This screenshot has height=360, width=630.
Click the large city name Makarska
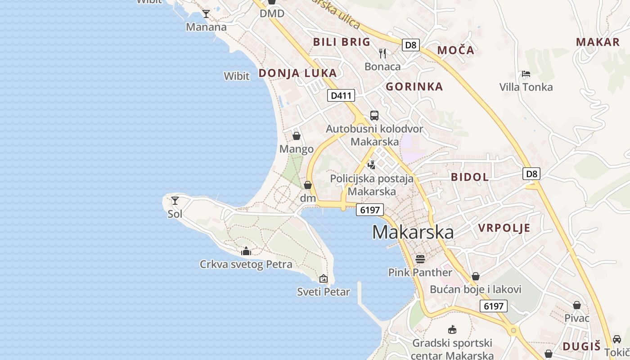pyautogui.click(x=413, y=232)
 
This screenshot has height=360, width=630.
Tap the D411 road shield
pyautogui.click(x=341, y=95)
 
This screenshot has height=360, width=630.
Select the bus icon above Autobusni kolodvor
pyautogui.click(x=374, y=116)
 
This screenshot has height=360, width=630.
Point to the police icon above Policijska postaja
pyautogui.click(x=372, y=165)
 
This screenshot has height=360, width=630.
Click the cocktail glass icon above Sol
pyautogui.click(x=175, y=201)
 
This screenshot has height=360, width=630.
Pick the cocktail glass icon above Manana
pyautogui.click(x=206, y=14)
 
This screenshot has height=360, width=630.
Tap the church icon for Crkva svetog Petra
pyautogui.click(x=246, y=251)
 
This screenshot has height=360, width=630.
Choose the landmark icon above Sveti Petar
pyautogui.click(x=324, y=279)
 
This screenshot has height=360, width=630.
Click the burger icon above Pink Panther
pyautogui.click(x=420, y=259)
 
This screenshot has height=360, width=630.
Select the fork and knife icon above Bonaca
pyautogui.click(x=382, y=54)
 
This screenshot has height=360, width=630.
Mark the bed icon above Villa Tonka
pyautogui.click(x=526, y=74)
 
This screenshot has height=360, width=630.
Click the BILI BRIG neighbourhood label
pyautogui.click(x=342, y=42)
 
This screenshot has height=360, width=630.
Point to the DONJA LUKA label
pyautogui.click(x=297, y=73)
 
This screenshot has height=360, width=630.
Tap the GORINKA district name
pyautogui.click(x=414, y=87)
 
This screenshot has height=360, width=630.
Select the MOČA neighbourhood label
pyautogui.click(x=456, y=50)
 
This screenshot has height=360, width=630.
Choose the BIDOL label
pyautogui.click(x=470, y=177)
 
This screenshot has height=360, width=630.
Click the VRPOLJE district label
pyautogui.click(x=504, y=228)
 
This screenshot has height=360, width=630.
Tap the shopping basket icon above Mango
pyautogui.click(x=297, y=136)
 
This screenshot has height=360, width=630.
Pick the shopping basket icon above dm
pyautogui.click(x=308, y=185)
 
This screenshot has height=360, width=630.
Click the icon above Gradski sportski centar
pyautogui.click(x=452, y=330)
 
